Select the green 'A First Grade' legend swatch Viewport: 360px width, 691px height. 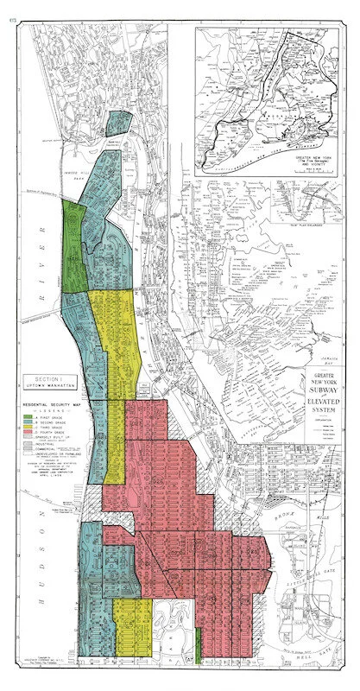pos(28,417)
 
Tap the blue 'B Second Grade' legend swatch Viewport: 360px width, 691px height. pos(28,424)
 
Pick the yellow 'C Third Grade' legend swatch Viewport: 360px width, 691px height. pos(28,431)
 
